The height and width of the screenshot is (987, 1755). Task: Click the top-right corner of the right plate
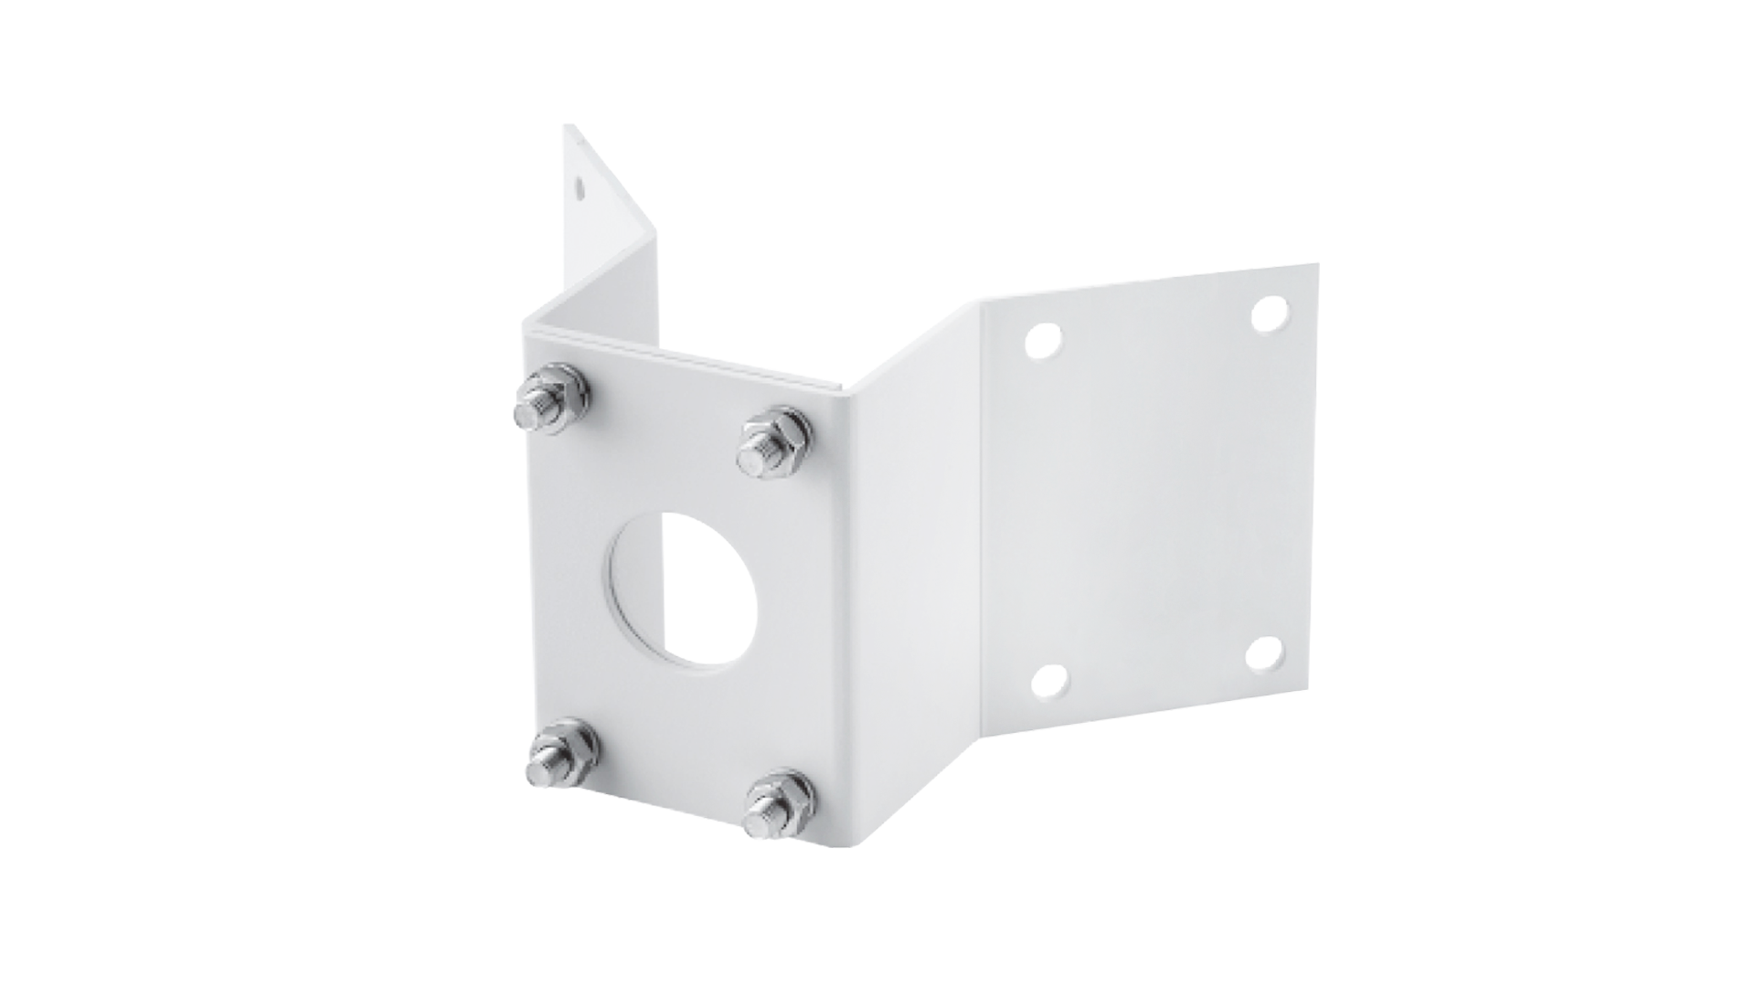click(1317, 264)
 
